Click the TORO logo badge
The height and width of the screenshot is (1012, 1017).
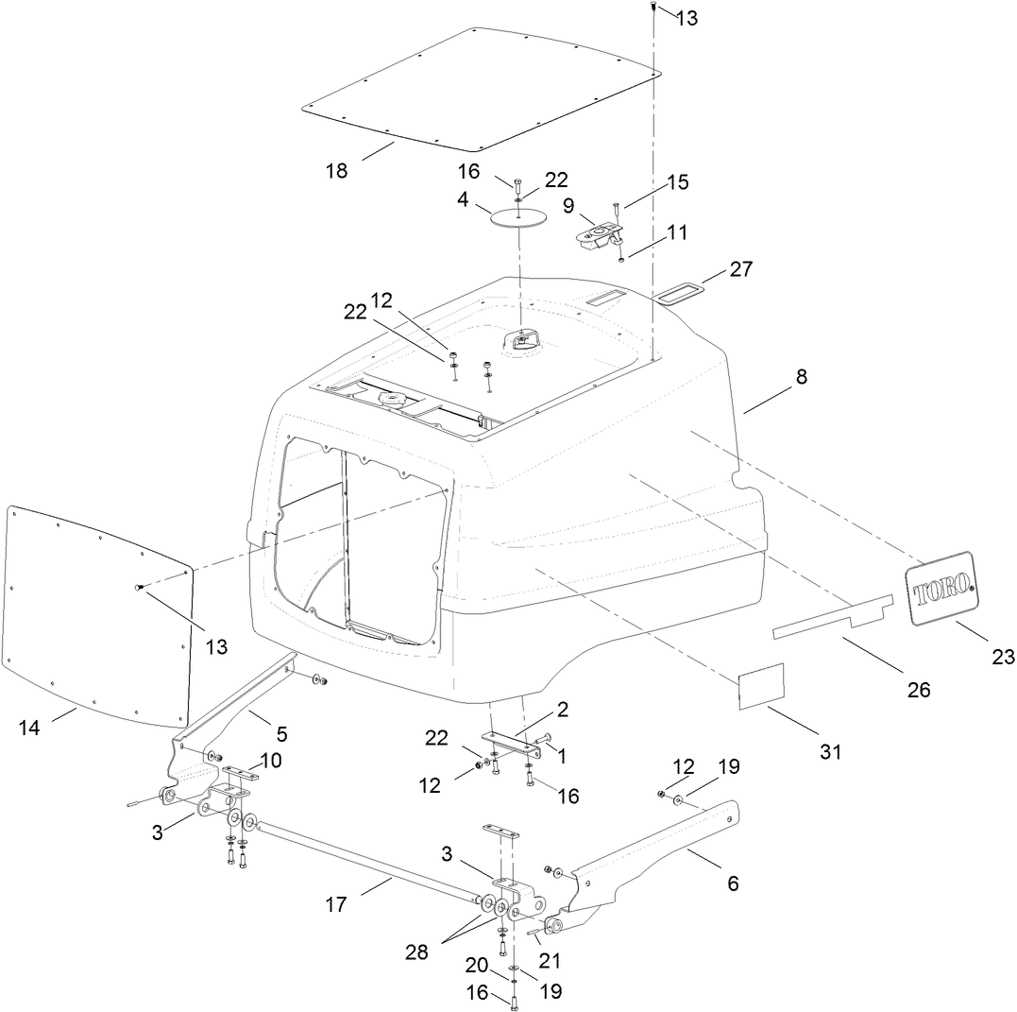(x=940, y=589)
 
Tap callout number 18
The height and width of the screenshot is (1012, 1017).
(x=336, y=171)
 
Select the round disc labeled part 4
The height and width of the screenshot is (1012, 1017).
(x=519, y=216)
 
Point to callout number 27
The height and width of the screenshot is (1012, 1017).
(x=741, y=269)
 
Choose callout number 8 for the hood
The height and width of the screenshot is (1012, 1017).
(x=801, y=376)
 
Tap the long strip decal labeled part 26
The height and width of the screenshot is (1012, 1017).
(x=831, y=617)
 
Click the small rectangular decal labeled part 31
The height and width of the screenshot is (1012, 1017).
(x=761, y=685)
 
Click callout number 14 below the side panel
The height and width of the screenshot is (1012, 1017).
(x=29, y=727)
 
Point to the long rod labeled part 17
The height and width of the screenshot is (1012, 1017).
(x=368, y=861)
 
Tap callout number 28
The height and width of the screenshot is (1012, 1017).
(x=416, y=952)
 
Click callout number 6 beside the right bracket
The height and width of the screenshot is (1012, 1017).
(x=733, y=883)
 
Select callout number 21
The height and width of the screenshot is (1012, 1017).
(x=549, y=961)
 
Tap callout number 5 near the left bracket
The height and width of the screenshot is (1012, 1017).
(x=281, y=733)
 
